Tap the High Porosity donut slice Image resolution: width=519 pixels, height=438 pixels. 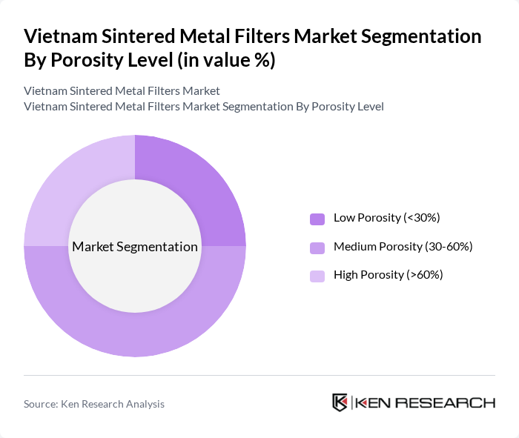[67, 185]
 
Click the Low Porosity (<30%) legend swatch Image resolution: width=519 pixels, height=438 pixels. [317, 219]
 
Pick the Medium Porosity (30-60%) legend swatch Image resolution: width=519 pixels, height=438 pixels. [317, 247]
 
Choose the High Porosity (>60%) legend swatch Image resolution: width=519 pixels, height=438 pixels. [317, 276]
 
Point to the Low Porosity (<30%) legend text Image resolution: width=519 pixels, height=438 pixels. [387, 218]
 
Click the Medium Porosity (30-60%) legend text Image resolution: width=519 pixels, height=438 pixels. [403, 246]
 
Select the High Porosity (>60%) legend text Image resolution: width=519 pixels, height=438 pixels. [389, 275]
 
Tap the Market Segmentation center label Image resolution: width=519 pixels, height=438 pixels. [135, 247]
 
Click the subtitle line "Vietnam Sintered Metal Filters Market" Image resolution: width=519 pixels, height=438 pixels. [122, 91]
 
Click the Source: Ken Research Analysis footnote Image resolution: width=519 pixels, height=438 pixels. [94, 404]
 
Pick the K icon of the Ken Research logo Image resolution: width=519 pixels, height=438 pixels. [340, 402]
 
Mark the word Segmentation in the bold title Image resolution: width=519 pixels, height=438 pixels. [414, 36]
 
